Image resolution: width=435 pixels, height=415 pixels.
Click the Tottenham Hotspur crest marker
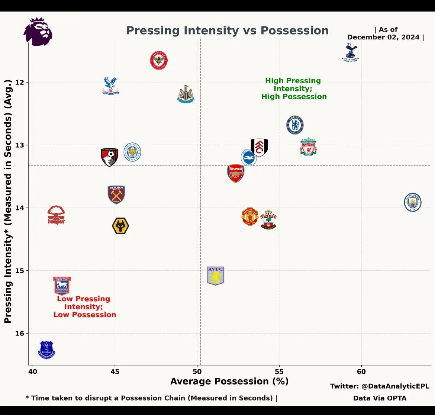click(351, 52)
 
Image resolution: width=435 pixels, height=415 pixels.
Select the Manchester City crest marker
click(412, 202)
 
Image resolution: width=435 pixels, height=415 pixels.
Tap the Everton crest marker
click(46, 350)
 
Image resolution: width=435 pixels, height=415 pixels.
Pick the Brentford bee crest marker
click(159, 60)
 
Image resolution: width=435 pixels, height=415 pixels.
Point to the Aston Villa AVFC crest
click(216, 276)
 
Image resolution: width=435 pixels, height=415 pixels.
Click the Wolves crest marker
click(120, 226)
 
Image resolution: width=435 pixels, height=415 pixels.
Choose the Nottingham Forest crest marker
click(56, 215)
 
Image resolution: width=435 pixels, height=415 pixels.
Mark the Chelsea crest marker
click(295, 125)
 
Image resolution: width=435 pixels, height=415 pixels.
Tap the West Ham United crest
click(116, 194)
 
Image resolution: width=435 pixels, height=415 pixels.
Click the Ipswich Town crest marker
click(62, 285)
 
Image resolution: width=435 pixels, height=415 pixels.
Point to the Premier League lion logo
click(38, 32)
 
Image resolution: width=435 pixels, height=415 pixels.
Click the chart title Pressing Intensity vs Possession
click(228, 30)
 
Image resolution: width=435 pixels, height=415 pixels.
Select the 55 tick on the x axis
click(279, 371)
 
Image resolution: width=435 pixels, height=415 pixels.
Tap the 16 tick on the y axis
click(19, 333)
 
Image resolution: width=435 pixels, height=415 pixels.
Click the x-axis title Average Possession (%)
click(229, 381)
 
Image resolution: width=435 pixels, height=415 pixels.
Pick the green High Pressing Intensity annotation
click(294, 89)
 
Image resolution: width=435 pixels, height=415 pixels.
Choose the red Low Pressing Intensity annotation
click(84, 306)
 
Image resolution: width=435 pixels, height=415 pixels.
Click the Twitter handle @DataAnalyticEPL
click(380, 386)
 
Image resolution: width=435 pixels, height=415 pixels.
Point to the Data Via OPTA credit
click(380, 398)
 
